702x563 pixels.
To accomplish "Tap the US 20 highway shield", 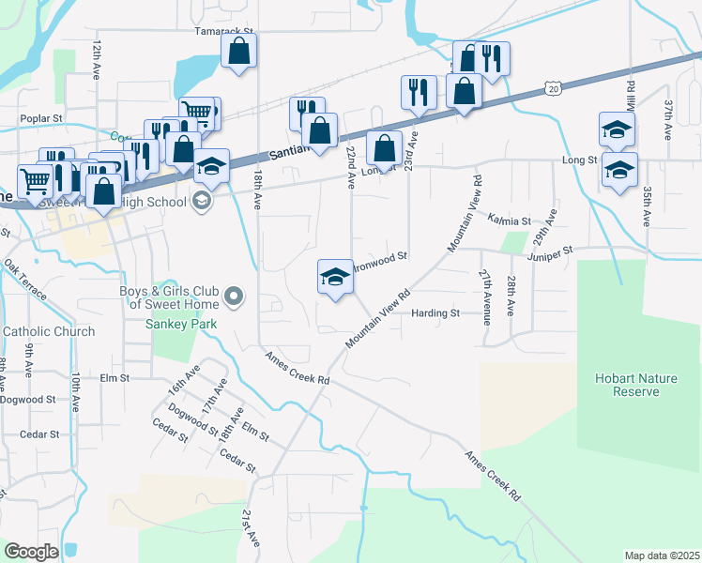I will tap(553, 87).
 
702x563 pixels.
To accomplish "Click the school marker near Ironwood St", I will tap(335, 277).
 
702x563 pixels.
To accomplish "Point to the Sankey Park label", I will tap(181, 324).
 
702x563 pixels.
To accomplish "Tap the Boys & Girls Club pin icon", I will tap(234, 298).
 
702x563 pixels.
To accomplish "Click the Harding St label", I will tap(436, 312).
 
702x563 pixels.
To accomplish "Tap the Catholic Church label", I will tap(49, 331).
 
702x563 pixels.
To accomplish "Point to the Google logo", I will tap(31, 552).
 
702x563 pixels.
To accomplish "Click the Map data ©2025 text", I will tap(662, 555).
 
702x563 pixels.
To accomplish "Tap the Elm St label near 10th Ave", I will tap(114, 378).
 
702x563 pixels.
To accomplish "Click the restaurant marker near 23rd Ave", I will tap(418, 92).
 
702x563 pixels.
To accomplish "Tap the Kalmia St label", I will tap(510, 221).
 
